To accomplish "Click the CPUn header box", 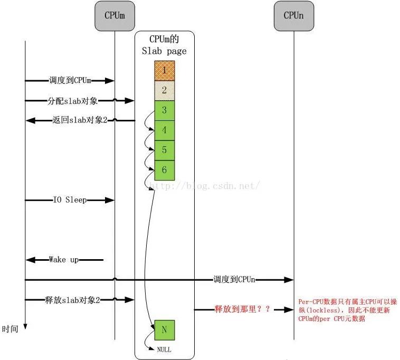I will (x=293, y=16).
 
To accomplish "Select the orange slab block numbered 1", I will (x=164, y=70).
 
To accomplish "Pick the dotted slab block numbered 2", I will (x=164, y=90).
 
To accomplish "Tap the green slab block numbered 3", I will (x=164, y=110).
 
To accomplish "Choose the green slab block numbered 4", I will (x=164, y=130).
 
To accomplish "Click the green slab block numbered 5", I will (x=164, y=150).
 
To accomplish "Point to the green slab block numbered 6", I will (x=164, y=170).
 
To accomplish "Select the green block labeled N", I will (x=164, y=330).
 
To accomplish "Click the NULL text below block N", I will (x=164, y=349).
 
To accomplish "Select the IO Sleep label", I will (x=70, y=200).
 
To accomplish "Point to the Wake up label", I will (x=64, y=260).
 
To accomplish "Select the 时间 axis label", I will (x=10, y=329).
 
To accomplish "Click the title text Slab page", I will (x=164, y=51).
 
